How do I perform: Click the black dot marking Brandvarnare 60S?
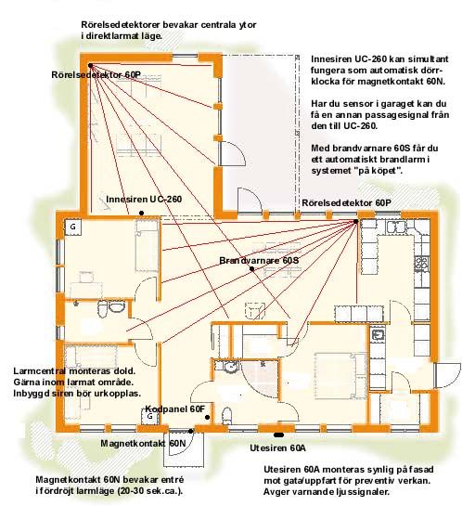251,269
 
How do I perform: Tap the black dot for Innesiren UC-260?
141,213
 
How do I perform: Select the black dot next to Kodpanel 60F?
207,417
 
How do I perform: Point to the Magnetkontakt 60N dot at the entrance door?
191,431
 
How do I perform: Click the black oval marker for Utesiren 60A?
278,435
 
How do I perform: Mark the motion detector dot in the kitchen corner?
355,221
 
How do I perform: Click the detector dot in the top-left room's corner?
91,66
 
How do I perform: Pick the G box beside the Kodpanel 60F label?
150,417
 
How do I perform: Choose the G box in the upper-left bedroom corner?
73,227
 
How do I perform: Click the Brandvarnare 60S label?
259,260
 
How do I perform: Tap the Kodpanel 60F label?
175,409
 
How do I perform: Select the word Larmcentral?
39,371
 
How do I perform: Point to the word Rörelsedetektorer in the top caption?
120,25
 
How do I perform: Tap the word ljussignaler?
366,492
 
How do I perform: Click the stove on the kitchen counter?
422,263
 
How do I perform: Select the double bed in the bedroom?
340,375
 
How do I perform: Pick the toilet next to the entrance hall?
227,416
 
